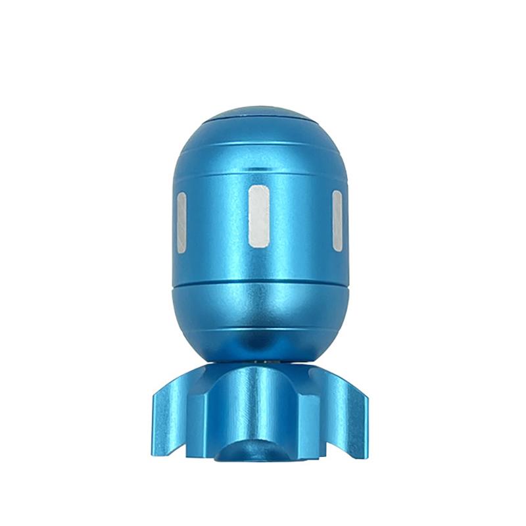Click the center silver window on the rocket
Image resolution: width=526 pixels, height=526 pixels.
tap(259, 216)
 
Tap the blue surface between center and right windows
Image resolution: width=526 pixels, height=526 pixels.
tap(300, 217)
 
